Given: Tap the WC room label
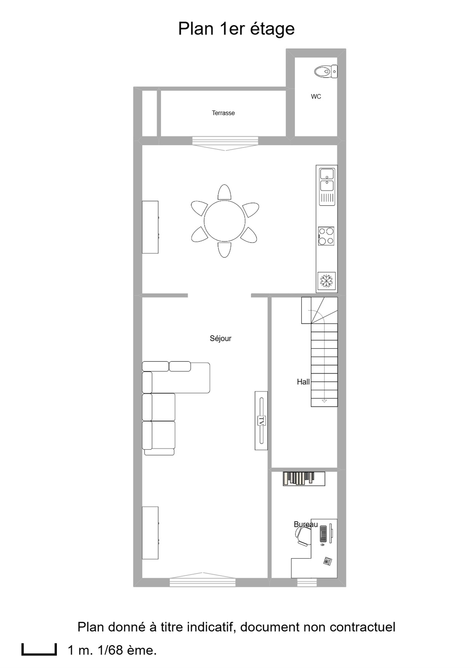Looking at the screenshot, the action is pos(316,97).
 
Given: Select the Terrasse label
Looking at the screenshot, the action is pos(223,113).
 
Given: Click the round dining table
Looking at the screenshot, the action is pos(225,221).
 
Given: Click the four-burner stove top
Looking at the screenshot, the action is pos(326,236).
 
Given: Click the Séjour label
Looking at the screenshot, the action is pos(220,338).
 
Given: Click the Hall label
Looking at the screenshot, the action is pos(303,382).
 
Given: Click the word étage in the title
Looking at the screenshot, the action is pos(272,29).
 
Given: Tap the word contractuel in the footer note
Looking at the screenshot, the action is pos(362,627).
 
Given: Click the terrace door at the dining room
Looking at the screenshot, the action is pos(225,143).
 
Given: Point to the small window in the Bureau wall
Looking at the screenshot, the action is pos(307,582).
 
